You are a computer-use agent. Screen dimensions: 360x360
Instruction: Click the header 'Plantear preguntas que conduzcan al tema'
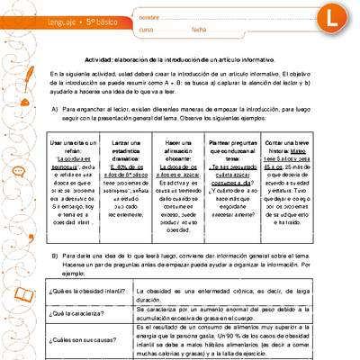point(238,147)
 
